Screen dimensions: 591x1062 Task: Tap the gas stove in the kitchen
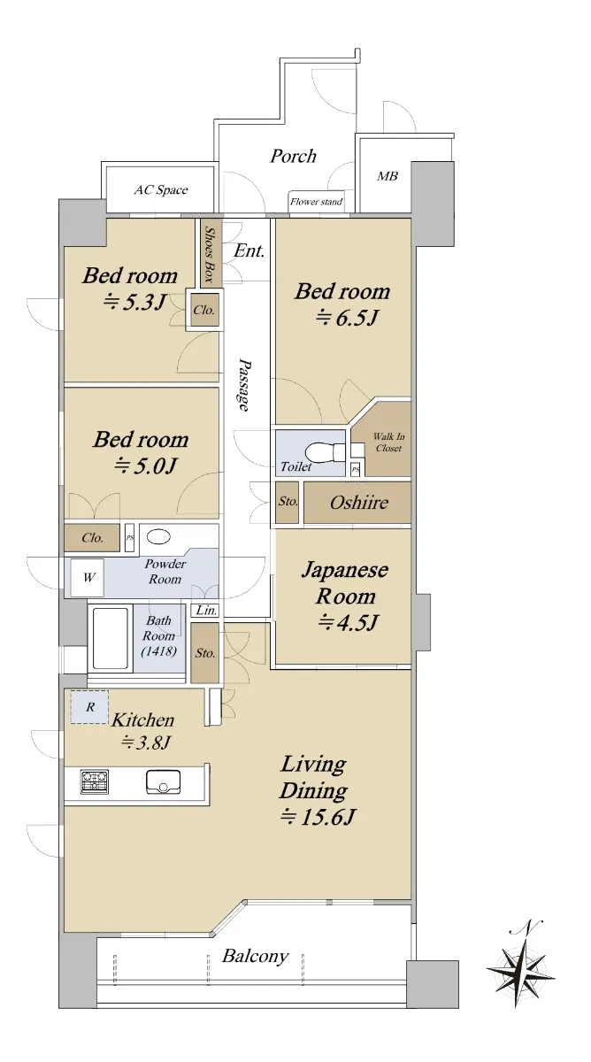click(95, 781)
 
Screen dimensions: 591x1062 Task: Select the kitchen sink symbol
click(163, 781)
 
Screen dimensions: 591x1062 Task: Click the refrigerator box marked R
click(90, 707)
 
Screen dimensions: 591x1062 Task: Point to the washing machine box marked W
click(88, 577)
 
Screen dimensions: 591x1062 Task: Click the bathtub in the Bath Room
click(110, 638)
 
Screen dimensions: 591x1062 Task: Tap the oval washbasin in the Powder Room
click(158, 536)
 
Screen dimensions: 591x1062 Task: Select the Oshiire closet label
click(359, 503)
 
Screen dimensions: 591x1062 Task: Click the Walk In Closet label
click(388, 442)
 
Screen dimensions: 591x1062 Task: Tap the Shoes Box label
click(210, 254)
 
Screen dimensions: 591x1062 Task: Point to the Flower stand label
click(316, 202)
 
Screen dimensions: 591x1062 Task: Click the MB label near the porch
click(388, 176)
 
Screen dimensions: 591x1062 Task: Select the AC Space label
click(161, 190)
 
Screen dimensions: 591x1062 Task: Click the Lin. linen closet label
click(206, 610)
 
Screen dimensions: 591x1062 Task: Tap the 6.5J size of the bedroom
click(346, 317)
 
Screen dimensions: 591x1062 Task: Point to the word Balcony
click(256, 957)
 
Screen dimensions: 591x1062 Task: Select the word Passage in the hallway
click(245, 384)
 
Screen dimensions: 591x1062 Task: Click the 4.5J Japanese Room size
click(348, 621)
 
